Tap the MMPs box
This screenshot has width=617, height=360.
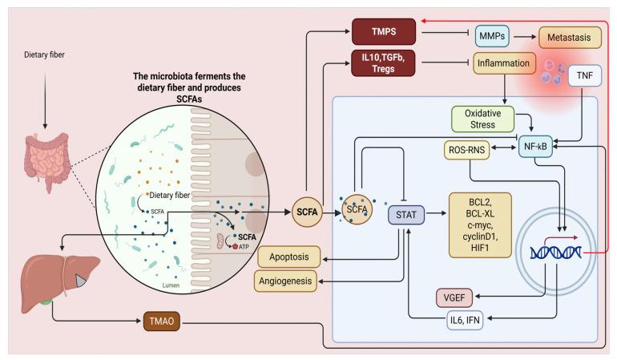490,34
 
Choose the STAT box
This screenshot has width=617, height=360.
409,214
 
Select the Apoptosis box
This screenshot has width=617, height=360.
289,257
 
